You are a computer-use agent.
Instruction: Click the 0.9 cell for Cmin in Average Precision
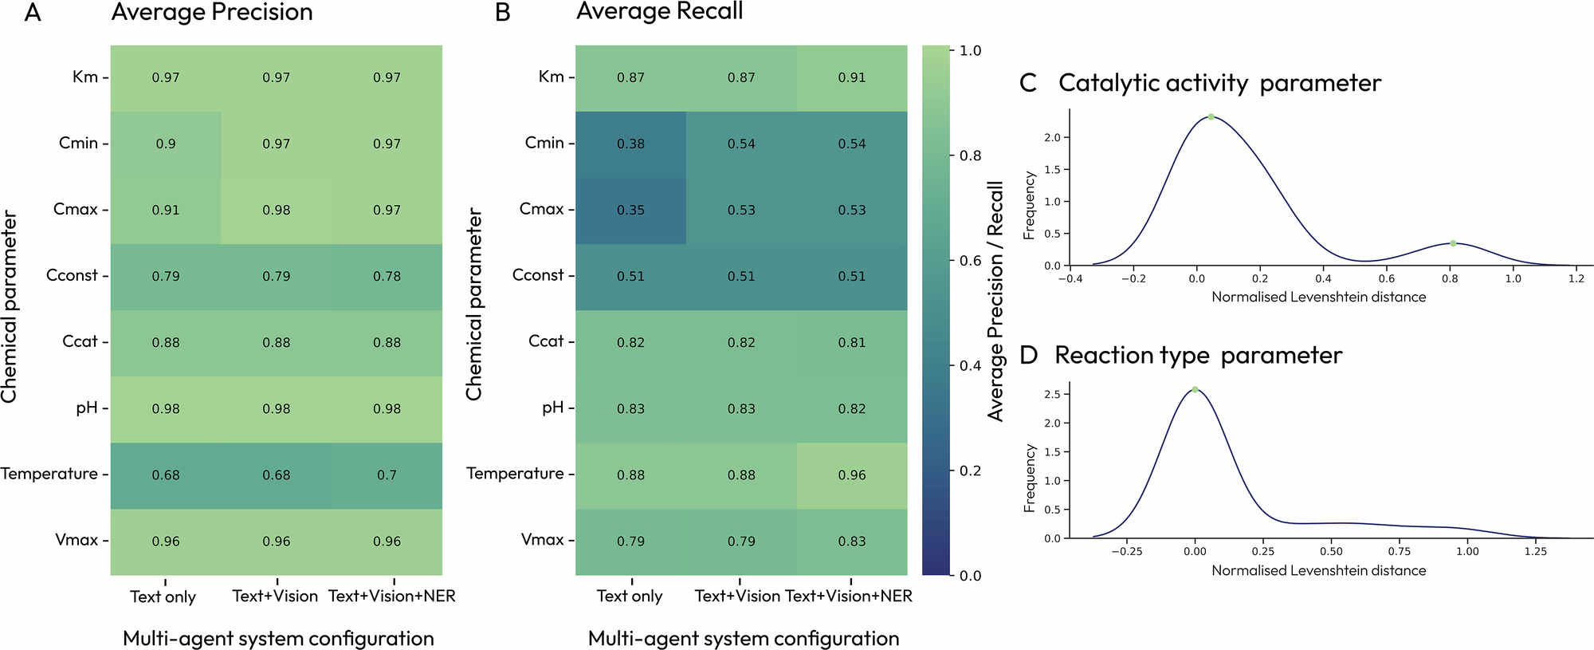[x=166, y=144]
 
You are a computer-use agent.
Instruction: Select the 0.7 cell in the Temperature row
[x=387, y=475]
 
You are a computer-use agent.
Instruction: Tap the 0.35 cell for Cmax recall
[x=630, y=210]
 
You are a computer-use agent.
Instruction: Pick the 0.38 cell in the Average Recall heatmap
[x=630, y=144]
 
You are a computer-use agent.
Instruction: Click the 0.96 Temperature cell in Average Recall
[x=851, y=475]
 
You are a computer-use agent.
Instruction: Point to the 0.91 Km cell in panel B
[x=851, y=77]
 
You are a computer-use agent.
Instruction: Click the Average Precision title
[x=212, y=13]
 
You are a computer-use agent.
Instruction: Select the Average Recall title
[x=659, y=12]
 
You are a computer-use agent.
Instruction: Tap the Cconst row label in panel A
[x=72, y=275]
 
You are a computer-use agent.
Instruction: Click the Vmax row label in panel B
[x=542, y=540]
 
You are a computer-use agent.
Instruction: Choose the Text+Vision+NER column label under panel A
[x=392, y=596]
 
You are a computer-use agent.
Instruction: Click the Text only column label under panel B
[x=630, y=596]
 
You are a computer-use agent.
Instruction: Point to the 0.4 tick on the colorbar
[x=970, y=365]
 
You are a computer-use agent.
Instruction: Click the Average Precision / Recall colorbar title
[x=995, y=301]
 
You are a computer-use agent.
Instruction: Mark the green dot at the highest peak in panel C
[x=1211, y=117]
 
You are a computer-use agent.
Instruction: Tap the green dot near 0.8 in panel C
[x=1453, y=243]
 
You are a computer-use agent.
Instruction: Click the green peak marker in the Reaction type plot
[x=1195, y=389]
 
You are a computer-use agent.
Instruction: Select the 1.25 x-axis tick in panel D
[x=1535, y=551]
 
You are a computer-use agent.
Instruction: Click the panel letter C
[x=1028, y=83]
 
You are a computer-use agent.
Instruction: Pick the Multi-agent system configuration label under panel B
[x=744, y=638]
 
